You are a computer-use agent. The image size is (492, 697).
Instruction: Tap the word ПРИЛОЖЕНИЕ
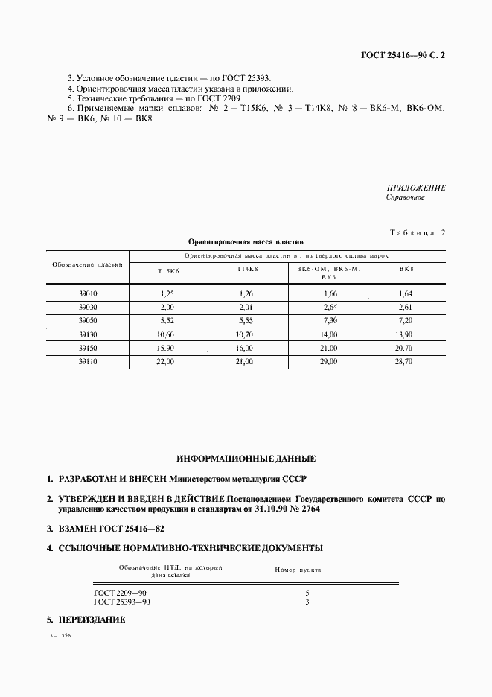pyautogui.click(x=416, y=188)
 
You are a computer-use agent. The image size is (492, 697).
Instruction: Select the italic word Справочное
pyautogui.click(x=406, y=198)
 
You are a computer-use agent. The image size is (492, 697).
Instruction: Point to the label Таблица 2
pyautogui.click(x=417, y=233)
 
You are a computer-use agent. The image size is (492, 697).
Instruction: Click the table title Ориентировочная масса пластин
pyautogui.click(x=246, y=242)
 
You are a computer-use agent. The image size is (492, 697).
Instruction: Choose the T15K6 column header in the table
pyautogui.click(x=167, y=273)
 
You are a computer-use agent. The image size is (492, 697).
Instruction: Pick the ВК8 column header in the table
pyautogui.click(x=406, y=268)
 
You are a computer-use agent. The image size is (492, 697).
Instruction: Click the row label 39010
pyautogui.click(x=88, y=294)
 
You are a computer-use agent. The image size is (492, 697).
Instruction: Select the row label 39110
pyautogui.click(x=88, y=361)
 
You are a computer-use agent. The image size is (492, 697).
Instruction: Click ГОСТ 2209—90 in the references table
pyautogui.click(x=121, y=593)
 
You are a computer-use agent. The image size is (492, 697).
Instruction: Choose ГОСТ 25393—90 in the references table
pyautogui.click(x=123, y=602)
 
